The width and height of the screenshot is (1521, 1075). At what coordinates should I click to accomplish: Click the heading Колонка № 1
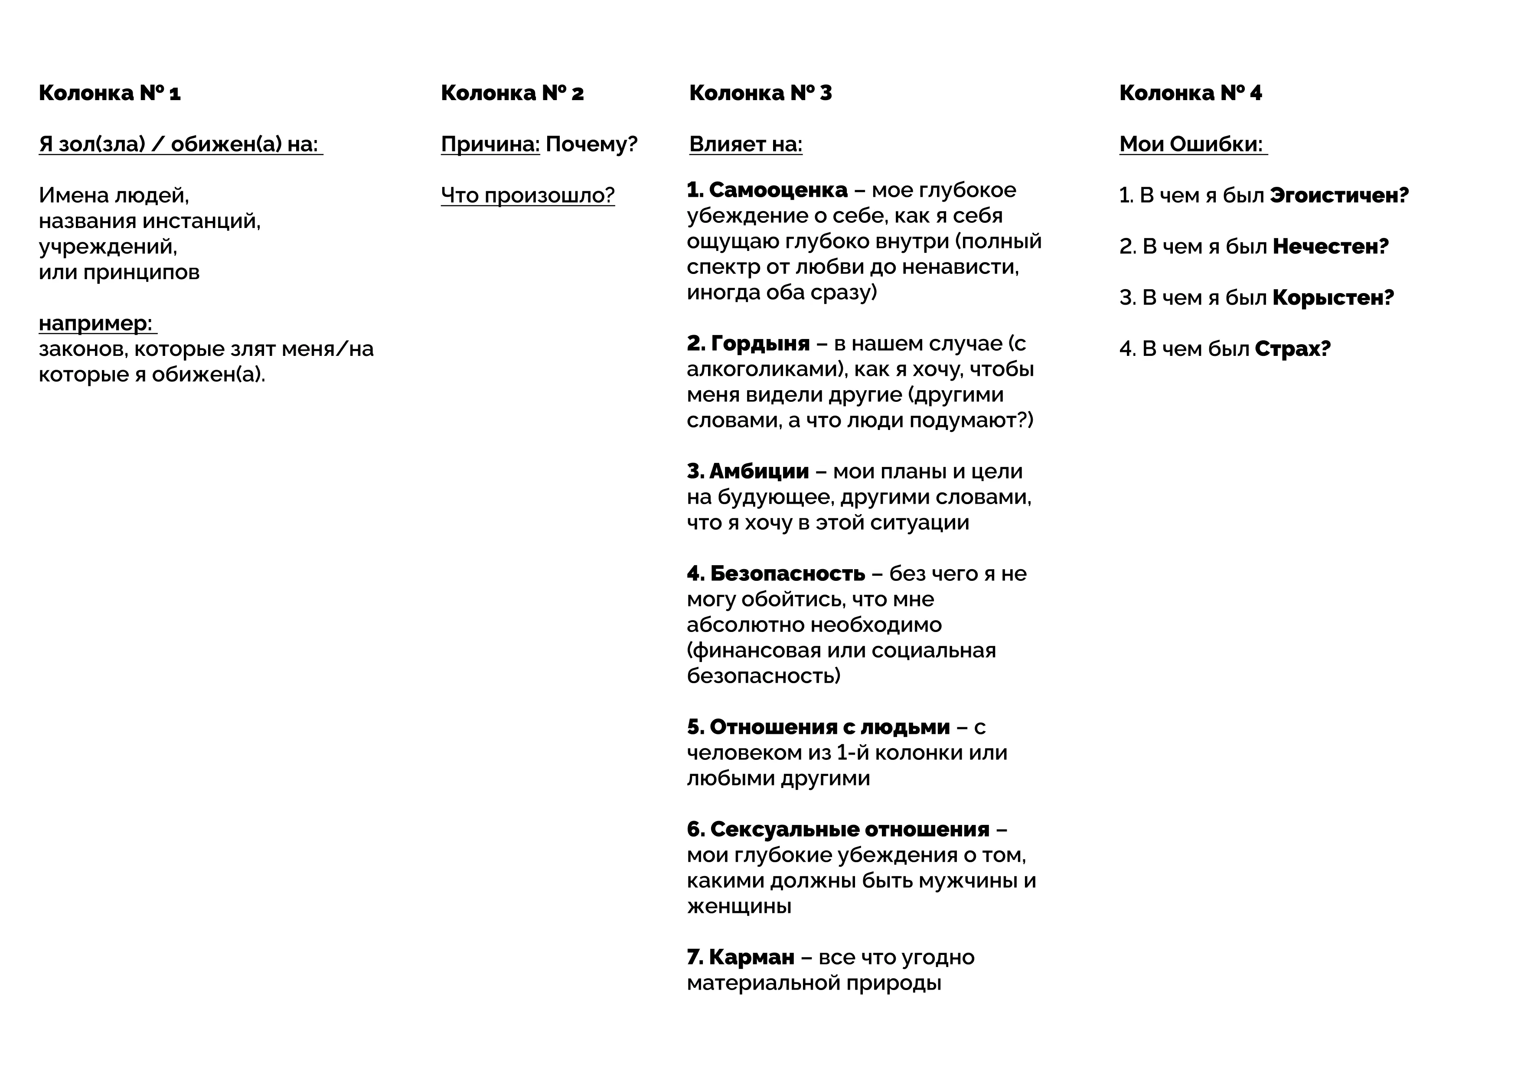109,93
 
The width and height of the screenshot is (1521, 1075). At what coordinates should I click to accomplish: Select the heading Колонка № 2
512,93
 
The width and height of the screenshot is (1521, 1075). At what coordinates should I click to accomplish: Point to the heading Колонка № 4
1191,93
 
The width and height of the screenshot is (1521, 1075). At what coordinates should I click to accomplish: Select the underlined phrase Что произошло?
527,195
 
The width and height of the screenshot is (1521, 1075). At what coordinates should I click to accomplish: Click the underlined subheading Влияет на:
745,144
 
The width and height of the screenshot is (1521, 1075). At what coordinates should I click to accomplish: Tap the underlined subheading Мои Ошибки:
1191,144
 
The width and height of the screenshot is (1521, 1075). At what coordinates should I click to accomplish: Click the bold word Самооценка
778,191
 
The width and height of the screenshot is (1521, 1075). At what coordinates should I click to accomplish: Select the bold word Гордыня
760,344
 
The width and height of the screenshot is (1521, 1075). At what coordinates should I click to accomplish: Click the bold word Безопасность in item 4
787,573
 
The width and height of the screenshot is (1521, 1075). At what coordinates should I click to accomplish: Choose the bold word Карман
751,957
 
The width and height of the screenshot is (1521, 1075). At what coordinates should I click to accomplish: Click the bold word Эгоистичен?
1339,196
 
